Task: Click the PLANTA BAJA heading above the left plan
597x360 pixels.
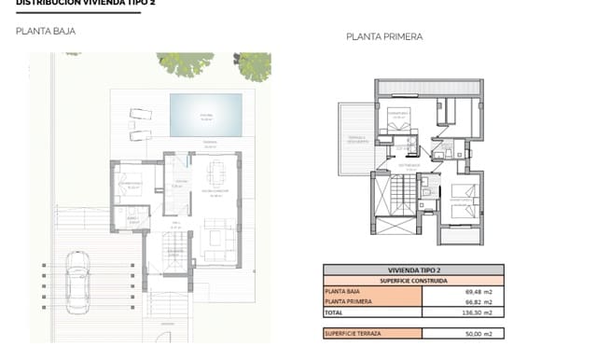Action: click(46, 32)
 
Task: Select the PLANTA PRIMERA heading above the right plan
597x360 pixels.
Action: click(384, 37)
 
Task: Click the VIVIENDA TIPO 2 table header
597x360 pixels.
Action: click(413, 269)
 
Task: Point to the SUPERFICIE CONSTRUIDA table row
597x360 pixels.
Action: click(413, 280)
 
